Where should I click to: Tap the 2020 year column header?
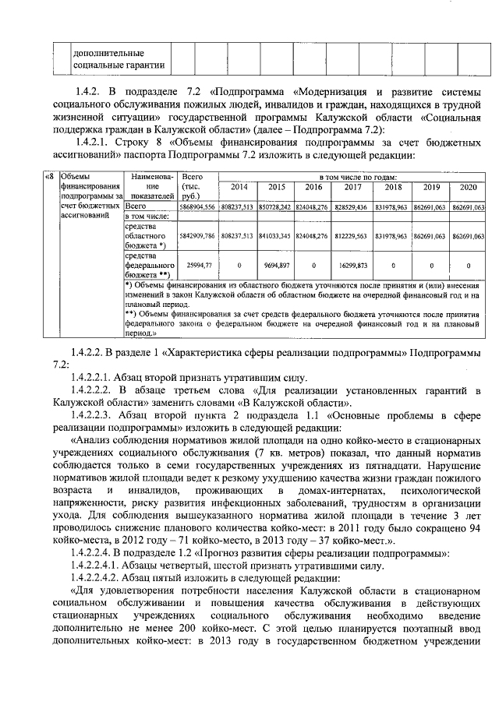(468, 188)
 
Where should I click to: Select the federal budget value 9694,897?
(277, 265)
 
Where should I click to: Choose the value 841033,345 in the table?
(277, 235)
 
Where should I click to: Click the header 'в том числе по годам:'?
(352, 178)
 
